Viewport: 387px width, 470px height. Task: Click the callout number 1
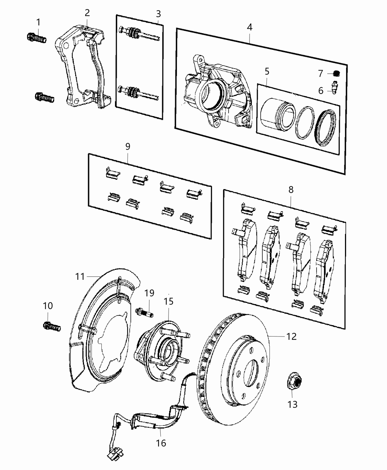[38, 22]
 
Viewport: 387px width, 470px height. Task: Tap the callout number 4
[250, 27]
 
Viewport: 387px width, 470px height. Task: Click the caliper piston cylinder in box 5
[278, 114]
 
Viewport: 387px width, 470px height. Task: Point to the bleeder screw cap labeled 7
[336, 73]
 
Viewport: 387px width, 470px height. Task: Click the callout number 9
[128, 146]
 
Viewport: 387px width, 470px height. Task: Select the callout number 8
[291, 190]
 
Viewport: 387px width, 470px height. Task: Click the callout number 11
[80, 276]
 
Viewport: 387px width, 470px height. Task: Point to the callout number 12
[292, 336]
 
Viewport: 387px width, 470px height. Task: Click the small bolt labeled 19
[144, 311]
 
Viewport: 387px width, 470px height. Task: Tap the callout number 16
[161, 442]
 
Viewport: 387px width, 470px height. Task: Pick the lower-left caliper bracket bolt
[44, 98]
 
